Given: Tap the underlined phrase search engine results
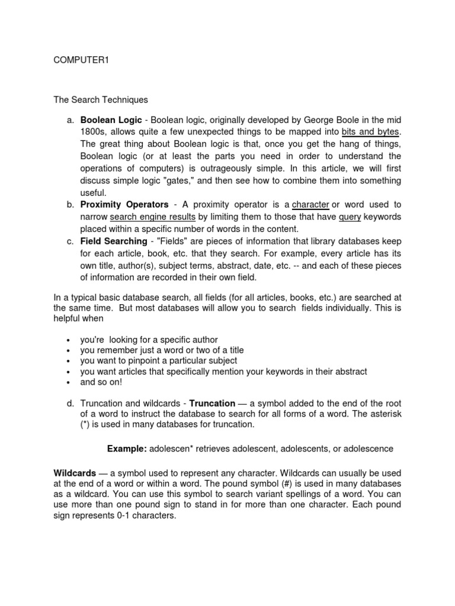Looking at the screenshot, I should point(153,217).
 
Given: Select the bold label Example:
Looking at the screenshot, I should point(127,449).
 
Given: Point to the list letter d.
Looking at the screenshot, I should point(69,404).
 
